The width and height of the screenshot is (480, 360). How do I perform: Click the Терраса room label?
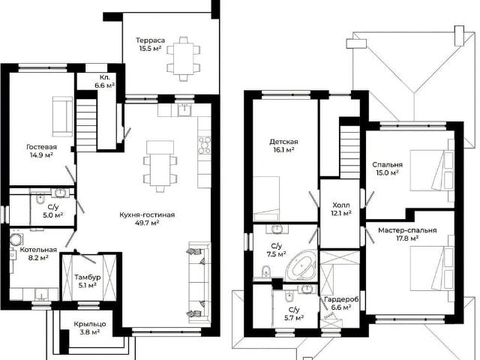click(150, 40)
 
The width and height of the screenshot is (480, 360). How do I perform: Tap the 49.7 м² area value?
click(147, 223)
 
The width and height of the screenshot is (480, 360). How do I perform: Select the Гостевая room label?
click(42, 147)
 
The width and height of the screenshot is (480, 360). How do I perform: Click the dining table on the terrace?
click(184, 58)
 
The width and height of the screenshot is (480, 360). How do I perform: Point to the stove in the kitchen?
click(205, 145)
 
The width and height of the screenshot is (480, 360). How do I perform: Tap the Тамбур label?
click(88, 277)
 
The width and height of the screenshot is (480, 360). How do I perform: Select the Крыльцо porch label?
click(90, 324)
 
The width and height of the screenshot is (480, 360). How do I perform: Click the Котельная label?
click(38, 250)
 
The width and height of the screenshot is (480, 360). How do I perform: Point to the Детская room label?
click(283, 142)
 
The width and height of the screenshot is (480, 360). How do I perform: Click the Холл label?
click(341, 205)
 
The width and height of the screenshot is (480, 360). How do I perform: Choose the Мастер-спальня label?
click(407, 230)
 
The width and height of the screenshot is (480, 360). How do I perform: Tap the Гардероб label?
click(341, 299)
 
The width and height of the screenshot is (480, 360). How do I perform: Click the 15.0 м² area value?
click(387, 172)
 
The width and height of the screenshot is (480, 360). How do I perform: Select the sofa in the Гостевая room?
click(62, 117)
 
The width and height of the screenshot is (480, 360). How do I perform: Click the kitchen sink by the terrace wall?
click(184, 110)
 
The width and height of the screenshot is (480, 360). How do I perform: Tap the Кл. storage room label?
click(104, 77)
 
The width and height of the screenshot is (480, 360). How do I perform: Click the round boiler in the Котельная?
click(15, 240)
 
